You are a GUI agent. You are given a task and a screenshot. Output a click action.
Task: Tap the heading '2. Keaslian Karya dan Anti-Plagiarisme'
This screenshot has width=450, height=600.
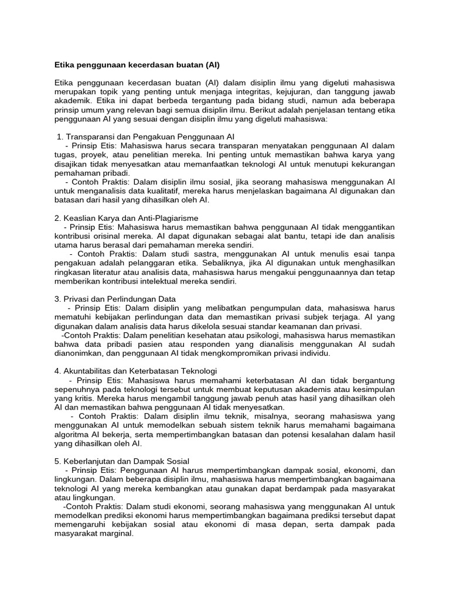pyautogui.click(x=126, y=217)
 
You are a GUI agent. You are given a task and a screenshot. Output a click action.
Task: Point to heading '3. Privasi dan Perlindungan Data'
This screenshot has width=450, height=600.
pyautogui.click(x=115, y=299)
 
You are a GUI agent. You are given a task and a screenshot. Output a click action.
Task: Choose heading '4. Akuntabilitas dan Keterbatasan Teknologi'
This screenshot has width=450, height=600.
pyautogui.click(x=135, y=371)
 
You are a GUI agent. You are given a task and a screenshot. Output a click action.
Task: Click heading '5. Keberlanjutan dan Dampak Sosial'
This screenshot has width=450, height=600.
pyautogui.click(x=120, y=461)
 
